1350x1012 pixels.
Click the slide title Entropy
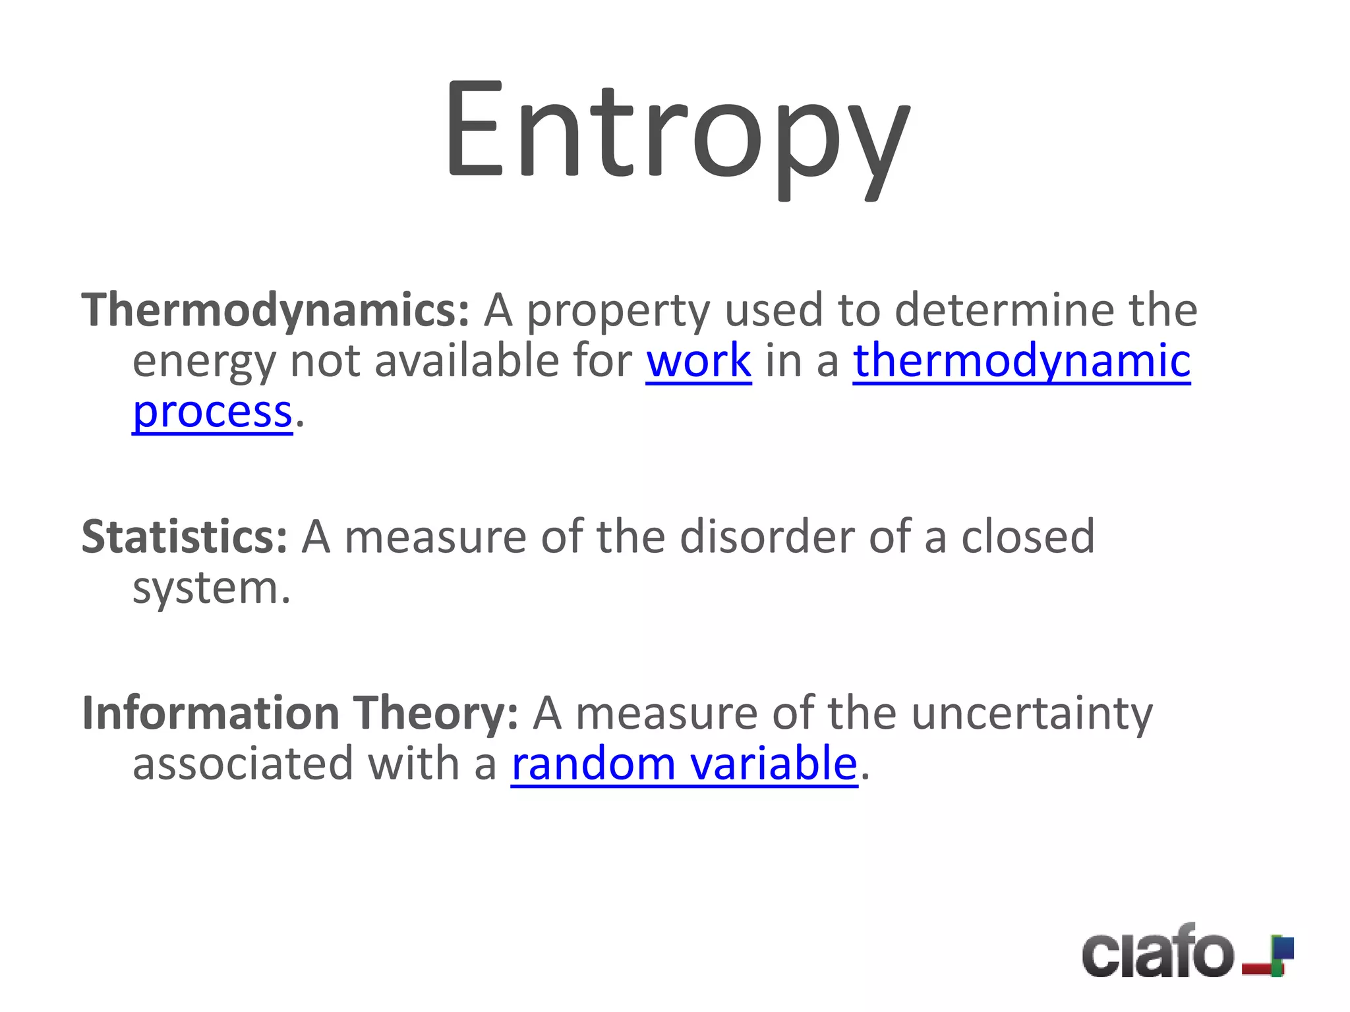click(676, 132)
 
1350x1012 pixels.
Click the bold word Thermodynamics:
click(275, 310)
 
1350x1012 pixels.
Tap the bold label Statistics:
click(185, 536)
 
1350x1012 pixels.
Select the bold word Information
click(210, 713)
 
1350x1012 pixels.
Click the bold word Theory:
click(436, 713)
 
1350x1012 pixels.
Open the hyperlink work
click(698, 361)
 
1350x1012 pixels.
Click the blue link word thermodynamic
click(1022, 361)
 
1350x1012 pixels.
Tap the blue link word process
click(212, 412)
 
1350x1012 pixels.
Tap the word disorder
click(767, 536)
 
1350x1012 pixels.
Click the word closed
click(1028, 536)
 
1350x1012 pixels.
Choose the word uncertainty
click(1032, 714)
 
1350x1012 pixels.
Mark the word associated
click(243, 764)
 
